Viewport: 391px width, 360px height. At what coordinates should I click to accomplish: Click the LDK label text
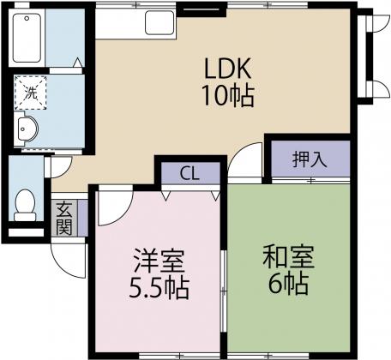[x=228, y=68]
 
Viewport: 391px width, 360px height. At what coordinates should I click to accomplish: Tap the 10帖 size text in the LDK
[x=228, y=96]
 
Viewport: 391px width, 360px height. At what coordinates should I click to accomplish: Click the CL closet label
[x=189, y=171]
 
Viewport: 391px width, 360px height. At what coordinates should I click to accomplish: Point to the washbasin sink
[x=26, y=131]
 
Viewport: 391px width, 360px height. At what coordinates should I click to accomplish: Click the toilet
[x=25, y=204]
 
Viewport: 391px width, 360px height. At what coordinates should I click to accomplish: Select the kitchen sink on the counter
[x=160, y=21]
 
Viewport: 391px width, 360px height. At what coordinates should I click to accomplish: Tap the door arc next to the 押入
[x=247, y=159]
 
